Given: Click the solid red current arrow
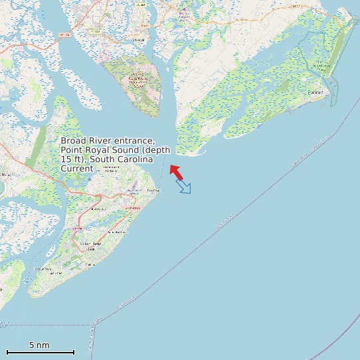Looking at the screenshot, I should [x=176, y=172].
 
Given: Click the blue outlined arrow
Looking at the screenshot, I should [x=184, y=187].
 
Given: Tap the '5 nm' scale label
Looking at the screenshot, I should [x=39, y=345].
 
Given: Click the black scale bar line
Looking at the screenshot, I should [x=40, y=352].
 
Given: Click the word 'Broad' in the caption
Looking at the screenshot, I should [x=73, y=141].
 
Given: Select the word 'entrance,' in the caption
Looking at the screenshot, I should [x=135, y=141].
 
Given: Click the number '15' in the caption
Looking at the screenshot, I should [x=66, y=159].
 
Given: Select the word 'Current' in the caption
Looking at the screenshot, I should [x=76, y=169].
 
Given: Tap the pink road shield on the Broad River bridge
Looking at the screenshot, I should [x=64, y=35].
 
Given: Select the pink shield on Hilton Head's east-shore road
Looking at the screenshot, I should [x=135, y=209].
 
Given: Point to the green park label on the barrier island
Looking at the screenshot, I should [x=323, y=65].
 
